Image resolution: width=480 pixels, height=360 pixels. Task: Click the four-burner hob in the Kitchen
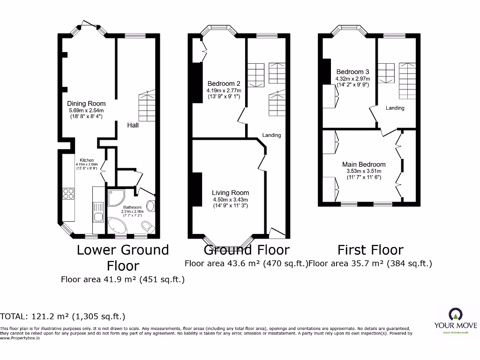pos(68,194)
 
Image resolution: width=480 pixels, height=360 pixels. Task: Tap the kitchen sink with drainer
pos(99,211)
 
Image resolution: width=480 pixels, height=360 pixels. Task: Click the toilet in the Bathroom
pos(149,228)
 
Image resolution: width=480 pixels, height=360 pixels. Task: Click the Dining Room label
pos(86,104)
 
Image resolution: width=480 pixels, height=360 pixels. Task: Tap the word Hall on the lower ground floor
pos(133,125)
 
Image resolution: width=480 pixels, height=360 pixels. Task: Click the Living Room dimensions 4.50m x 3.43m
pos(230,199)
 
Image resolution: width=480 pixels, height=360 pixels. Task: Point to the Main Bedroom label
pos(364,165)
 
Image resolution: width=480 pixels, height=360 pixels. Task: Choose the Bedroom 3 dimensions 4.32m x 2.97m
pos(352,79)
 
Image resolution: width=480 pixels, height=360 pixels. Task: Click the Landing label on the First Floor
pos(395,108)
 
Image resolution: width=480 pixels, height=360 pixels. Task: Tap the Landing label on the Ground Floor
pos(271,135)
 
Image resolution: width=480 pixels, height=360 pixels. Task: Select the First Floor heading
pos(370,250)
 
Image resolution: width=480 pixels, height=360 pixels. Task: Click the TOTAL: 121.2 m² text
pos(63,316)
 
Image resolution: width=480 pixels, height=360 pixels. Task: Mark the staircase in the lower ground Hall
pos(147,106)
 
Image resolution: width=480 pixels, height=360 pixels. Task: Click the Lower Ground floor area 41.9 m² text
pos(122,279)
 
